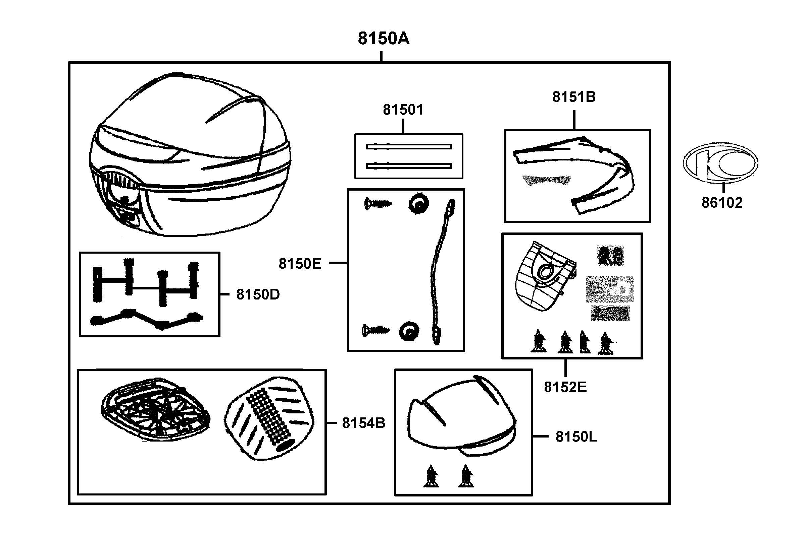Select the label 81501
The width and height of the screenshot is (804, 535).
tap(403, 110)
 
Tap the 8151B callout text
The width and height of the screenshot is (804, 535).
tap(574, 97)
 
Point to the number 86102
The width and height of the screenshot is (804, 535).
tap(722, 203)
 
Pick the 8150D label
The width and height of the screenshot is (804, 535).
tap(258, 294)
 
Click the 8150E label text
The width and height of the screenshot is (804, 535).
tap(300, 264)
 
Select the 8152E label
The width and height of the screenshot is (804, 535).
tap(565, 387)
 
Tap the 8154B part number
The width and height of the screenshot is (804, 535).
tap(363, 423)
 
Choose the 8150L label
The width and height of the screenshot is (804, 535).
tap(576, 437)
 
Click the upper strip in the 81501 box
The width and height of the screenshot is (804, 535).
tap(409, 147)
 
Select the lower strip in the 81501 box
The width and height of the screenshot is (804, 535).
tap(409, 166)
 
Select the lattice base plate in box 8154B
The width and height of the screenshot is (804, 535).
tap(155, 409)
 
